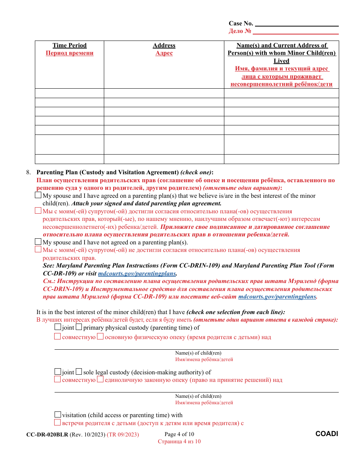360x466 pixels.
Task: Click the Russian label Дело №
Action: (x=240, y=31)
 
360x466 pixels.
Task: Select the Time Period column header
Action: (x=69, y=45)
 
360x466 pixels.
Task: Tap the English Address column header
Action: (x=164, y=45)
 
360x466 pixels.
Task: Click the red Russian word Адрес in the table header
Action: (x=164, y=53)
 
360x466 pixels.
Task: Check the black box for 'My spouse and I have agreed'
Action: (x=38, y=195)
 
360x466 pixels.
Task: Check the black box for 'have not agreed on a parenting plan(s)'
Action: (x=38, y=242)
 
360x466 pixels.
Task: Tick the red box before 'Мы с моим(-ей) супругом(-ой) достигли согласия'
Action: (x=38, y=211)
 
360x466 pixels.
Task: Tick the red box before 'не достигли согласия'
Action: (x=38, y=250)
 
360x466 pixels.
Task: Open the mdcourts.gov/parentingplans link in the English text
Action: (x=137, y=274)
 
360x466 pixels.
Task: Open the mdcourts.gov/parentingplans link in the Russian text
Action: (x=277, y=297)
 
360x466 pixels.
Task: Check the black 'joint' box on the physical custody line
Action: (x=58, y=327)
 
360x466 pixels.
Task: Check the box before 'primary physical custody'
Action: (x=79, y=327)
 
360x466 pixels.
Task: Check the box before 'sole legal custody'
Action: (x=79, y=372)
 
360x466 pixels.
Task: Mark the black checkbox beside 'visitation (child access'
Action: (x=58, y=414)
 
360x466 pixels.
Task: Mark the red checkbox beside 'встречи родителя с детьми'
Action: (x=58, y=422)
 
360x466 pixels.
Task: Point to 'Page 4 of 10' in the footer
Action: (x=179, y=434)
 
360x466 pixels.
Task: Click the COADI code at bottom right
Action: (x=327, y=434)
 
